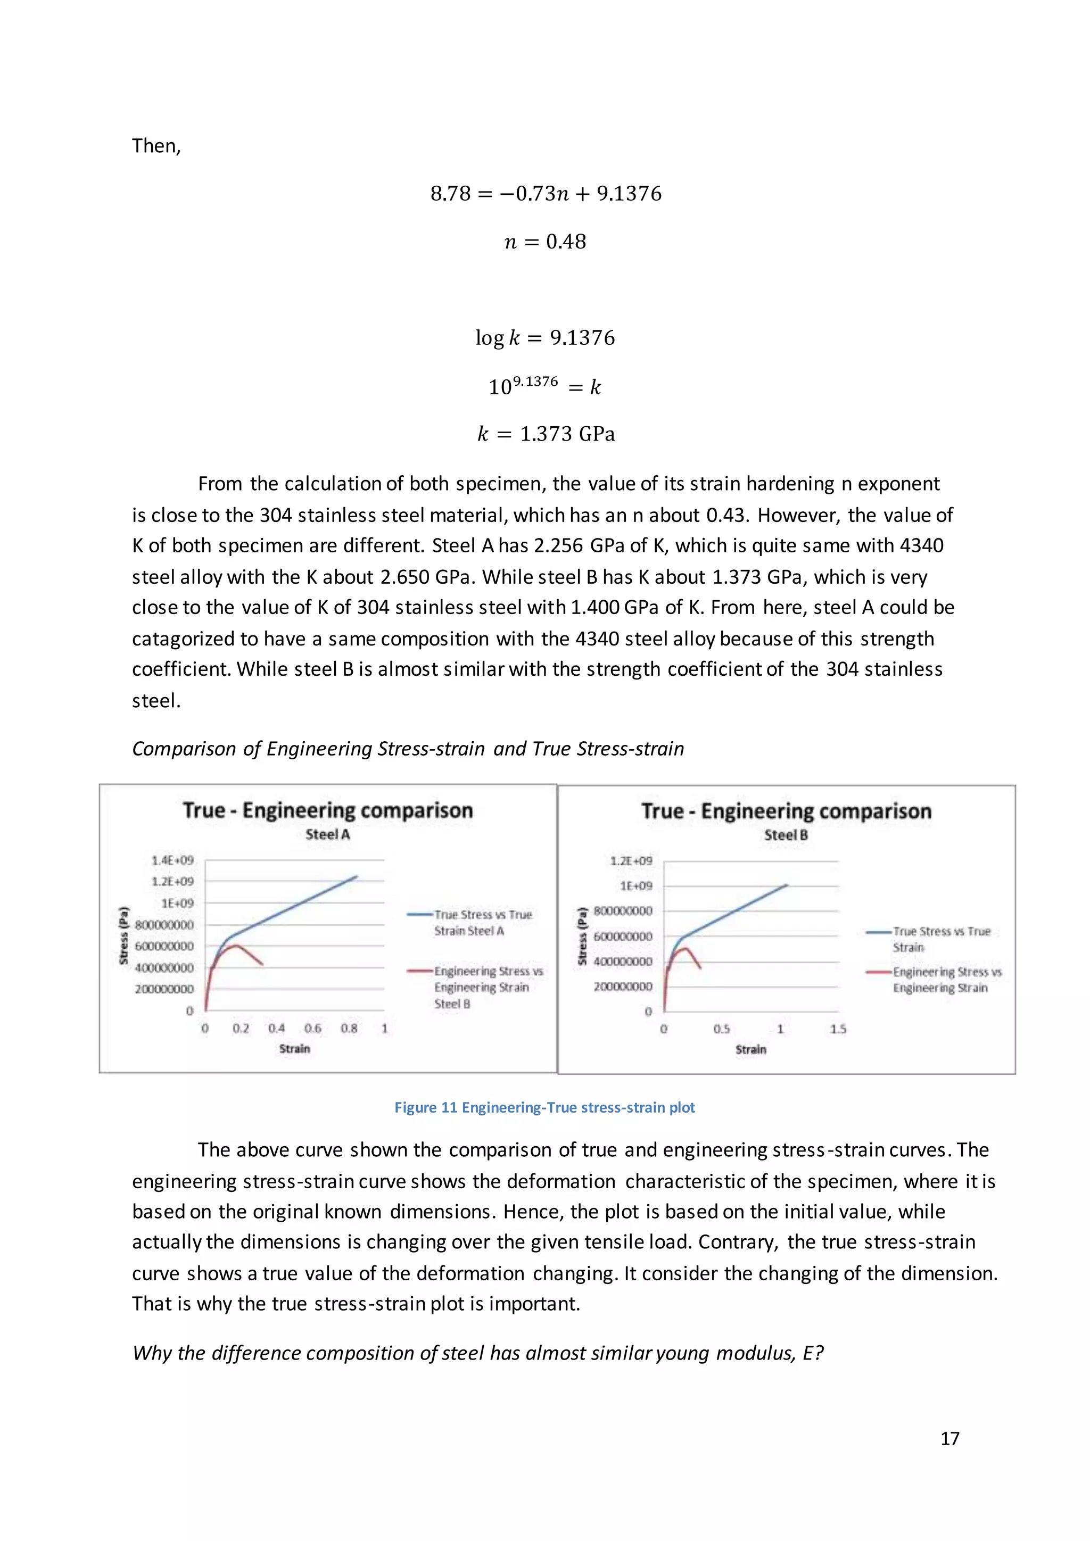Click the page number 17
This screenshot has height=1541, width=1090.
click(x=949, y=1438)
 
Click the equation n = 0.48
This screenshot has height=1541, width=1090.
click(x=545, y=242)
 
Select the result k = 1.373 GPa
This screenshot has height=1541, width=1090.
click(x=545, y=434)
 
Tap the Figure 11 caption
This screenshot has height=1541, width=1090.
click(x=544, y=1108)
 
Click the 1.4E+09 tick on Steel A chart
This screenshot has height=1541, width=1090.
click(x=172, y=860)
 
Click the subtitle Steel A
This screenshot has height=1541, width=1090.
click(x=327, y=834)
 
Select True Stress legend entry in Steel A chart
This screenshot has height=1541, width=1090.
click(x=482, y=922)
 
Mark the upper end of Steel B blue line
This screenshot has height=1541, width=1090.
click(x=787, y=885)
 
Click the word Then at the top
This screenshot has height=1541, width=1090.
click(x=156, y=146)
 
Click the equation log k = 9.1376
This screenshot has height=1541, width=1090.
click(x=545, y=337)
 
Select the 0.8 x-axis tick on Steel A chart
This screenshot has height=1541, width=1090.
click(x=349, y=1028)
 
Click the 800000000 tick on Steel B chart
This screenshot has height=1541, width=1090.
click(x=622, y=911)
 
